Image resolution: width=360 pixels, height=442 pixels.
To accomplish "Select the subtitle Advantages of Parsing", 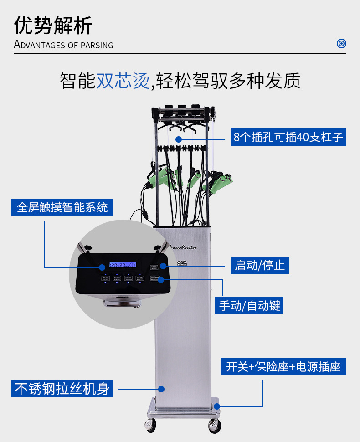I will point(63,45).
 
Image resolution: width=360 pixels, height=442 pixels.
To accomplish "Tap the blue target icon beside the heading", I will point(341,44).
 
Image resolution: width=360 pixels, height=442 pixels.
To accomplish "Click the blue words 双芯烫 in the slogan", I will point(123,81).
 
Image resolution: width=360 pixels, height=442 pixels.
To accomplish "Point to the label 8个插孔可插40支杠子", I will point(288,137).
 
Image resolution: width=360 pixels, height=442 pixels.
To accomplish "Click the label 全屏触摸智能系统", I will point(62,207).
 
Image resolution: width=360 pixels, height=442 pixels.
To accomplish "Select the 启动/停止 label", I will point(260,265).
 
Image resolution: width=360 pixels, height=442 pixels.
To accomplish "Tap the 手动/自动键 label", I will point(250,305).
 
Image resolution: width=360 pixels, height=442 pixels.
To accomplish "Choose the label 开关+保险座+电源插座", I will point(283,367).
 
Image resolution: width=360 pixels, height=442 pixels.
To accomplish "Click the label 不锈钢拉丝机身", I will point(62,389).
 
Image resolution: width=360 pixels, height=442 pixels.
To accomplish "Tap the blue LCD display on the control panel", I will point(122,265).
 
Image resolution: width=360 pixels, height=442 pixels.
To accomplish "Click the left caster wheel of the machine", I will point(150,425).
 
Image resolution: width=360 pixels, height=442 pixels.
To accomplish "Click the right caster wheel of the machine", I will point(214,426).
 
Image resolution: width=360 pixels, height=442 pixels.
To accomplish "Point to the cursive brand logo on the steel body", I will point(182,247).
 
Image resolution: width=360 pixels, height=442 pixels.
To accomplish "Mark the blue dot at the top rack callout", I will point(179,138).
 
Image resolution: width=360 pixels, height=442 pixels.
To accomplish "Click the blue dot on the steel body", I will point(161,389).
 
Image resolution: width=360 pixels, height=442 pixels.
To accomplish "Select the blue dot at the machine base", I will point(217,406).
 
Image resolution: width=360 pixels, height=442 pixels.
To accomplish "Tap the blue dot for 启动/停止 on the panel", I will point(163,265).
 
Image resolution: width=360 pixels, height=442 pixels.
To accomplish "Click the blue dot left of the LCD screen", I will point(102,267).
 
